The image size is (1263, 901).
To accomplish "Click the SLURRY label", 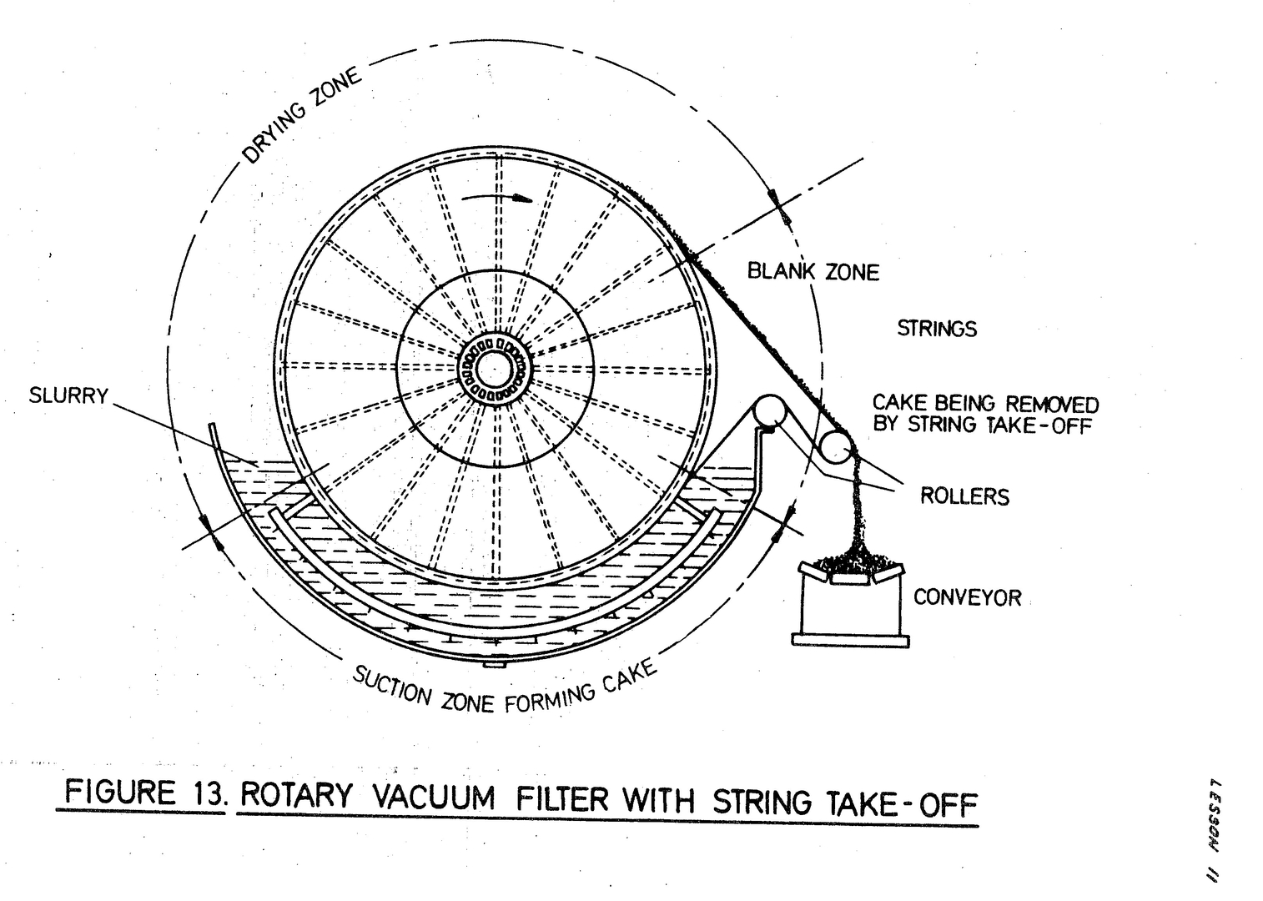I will (68, 395).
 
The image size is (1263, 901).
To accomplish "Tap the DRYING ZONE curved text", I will (301, 116).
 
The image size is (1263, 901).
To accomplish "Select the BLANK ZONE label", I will (813, 272).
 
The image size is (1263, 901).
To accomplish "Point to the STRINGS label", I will (936, 329).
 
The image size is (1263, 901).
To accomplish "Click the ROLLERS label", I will (964, 496).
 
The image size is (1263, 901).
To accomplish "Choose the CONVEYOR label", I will (967, 597).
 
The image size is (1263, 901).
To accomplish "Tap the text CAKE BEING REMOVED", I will (985, 405).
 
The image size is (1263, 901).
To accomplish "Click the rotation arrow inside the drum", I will (501, 199).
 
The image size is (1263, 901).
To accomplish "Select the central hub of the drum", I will (495, 368).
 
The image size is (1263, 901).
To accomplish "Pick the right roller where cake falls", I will (835, 446).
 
